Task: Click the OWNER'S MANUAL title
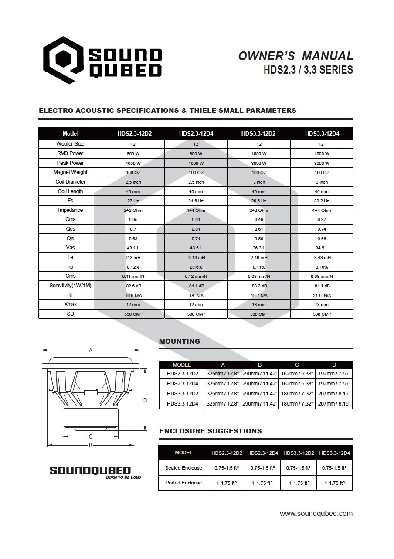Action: [295, 56]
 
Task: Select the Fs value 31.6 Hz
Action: [196, 201]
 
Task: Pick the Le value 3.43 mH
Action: [322, 258]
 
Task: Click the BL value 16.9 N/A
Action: [133, 296]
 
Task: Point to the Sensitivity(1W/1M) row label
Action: [70, 286]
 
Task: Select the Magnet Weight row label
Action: [70, 172]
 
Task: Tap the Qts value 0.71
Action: [196, 239]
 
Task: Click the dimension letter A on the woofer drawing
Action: [91, 350]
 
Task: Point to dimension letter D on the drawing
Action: [146, 399]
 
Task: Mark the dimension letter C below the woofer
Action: [91, 436]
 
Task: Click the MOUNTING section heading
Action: [180, 341]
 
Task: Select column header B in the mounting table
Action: [260, 365]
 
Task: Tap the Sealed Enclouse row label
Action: [183, 468]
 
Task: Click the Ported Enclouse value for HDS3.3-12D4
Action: [334, 483]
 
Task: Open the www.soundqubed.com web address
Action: [316, 514]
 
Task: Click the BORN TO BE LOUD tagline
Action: [124, 477]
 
